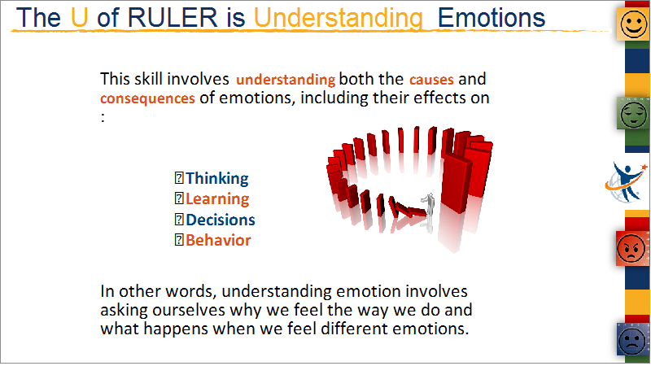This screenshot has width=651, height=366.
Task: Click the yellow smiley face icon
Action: (634, 24)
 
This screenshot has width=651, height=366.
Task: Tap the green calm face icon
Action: (634, 113)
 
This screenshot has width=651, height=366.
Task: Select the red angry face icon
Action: (632, 248)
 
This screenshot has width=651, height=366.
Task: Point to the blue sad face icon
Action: (633, 339)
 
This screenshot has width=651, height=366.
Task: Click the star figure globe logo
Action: (626, 182)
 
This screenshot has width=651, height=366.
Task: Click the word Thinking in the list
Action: (216, 178)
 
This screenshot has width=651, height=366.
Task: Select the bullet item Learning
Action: (217, 199)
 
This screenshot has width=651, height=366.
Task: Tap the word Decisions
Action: (220, 220)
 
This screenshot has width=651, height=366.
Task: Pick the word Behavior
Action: (218, 240)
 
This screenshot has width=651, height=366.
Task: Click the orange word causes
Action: (431, 80)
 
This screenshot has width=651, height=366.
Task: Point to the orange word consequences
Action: (147, 98)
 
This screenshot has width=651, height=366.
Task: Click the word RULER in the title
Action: (173, 18)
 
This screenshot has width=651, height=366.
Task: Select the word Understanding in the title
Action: (338, 18)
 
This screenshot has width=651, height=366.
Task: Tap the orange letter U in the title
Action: (79, 18)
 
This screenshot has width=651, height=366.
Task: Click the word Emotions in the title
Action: (492, 18)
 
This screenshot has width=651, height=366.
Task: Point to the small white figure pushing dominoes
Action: (429, 204)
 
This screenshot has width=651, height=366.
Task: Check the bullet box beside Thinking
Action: (179, 178)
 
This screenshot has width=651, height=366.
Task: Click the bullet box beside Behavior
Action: (179, 240)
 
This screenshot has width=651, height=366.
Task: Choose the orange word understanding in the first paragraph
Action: (286, 80)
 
